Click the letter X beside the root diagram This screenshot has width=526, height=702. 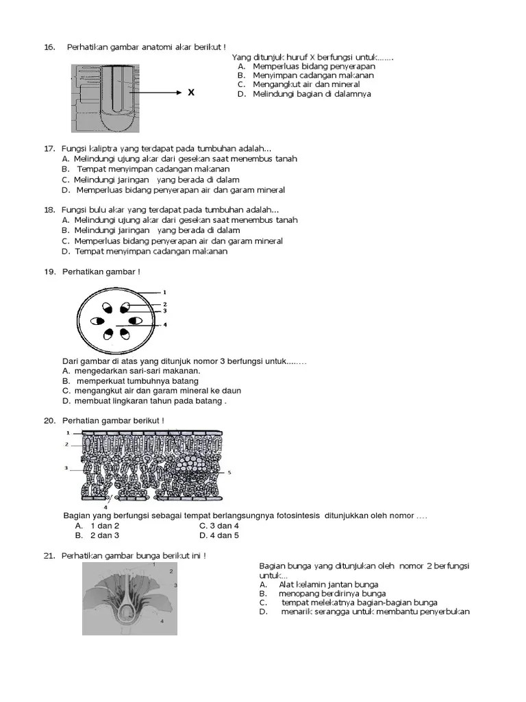(x=191, y=93)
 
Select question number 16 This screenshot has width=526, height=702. (x=49, y=47)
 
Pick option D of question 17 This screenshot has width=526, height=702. (x=180, y=190)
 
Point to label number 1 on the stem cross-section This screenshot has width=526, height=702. (x=164, y=292)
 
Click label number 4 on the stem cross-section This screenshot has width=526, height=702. (x=164, y=325)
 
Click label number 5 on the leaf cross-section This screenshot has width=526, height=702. (x=229, y=472)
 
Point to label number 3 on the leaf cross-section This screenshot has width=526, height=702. (x=66, y=468)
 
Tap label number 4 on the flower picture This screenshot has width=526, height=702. (x=162, y=621)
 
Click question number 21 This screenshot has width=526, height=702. (x=49, y=555)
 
